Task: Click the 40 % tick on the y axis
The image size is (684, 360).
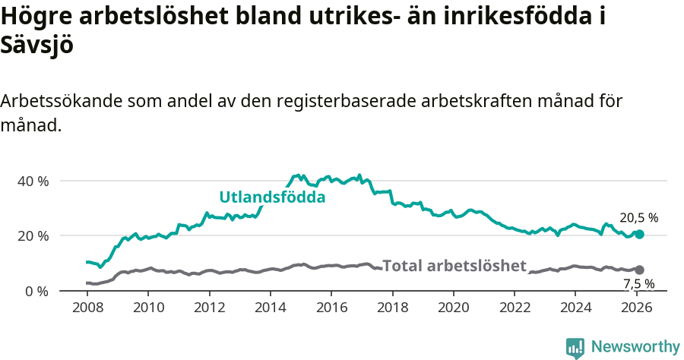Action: coord(33,182)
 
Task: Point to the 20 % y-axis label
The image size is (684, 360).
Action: coord(33,236)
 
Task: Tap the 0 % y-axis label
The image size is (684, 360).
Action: coord(36,292)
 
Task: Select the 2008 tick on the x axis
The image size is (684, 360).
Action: coord(87,308)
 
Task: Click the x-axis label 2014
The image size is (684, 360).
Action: coord(270,308)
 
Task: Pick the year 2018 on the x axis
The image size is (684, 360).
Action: coord(392,308)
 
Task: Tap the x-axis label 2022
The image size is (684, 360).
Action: coord(514,308)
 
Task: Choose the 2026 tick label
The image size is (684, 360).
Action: coord(636,308)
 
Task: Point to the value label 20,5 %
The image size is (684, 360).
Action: coord(638,218)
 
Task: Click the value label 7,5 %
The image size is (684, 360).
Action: coord(638,285)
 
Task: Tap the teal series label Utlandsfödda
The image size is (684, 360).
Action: coord(272,197)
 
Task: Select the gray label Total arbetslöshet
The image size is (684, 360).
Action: coord(454,266)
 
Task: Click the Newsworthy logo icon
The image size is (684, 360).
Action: coord(575,348)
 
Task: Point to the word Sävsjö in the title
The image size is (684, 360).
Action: coord(37,45)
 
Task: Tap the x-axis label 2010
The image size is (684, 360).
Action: coord(148,308)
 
